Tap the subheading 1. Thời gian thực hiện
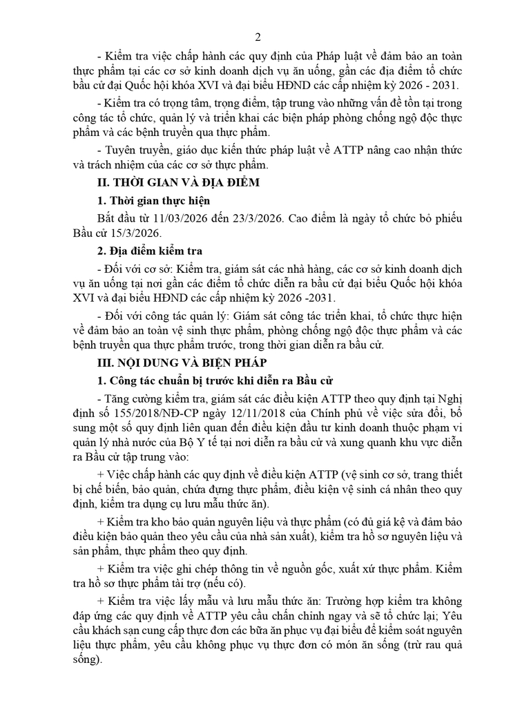click(153, 201)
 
